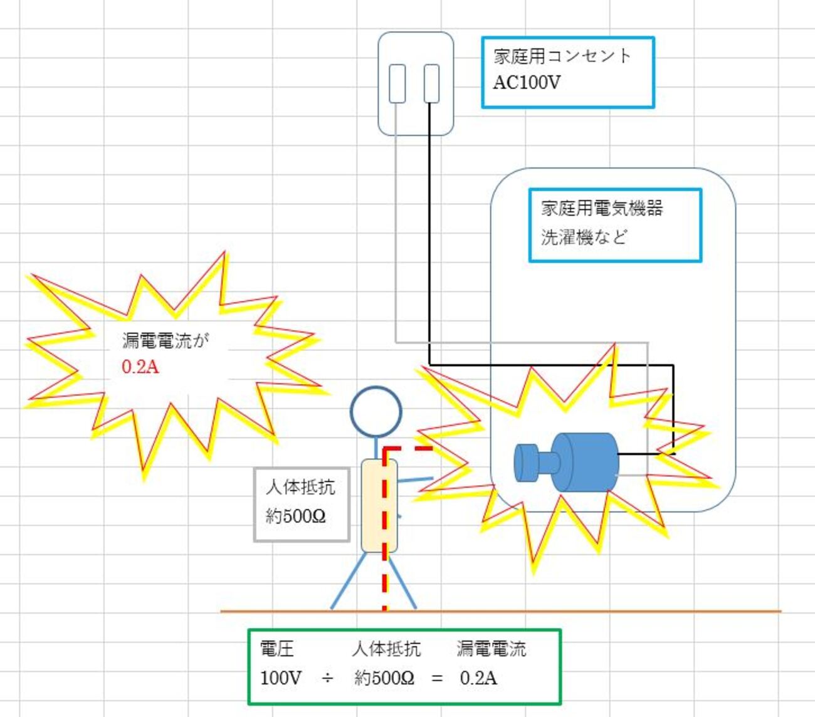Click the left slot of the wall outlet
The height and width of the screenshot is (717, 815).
[397, 83]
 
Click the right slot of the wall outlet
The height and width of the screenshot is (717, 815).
[431, 83]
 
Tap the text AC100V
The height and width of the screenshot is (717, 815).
[527, 83]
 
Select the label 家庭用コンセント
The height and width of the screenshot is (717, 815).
[562, 56]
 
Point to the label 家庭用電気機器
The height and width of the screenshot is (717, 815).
[602, 208]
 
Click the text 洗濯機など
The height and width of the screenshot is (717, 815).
[584, 237]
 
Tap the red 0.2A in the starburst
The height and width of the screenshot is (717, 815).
[140, 367]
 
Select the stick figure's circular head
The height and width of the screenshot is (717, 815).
[376, 412]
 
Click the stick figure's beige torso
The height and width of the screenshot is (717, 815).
[379, 506]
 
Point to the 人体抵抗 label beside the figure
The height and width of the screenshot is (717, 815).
[300, 487]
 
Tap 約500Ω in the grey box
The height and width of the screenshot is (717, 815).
[295, 516]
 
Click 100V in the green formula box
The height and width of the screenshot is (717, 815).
[281, 678]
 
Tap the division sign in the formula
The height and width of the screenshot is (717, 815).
[327, 678]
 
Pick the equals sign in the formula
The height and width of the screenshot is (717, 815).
[437, 678]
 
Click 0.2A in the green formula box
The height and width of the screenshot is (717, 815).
[478, 678]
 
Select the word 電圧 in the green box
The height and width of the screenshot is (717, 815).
[276, 649]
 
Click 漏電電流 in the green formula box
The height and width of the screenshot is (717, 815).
[492, 649]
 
